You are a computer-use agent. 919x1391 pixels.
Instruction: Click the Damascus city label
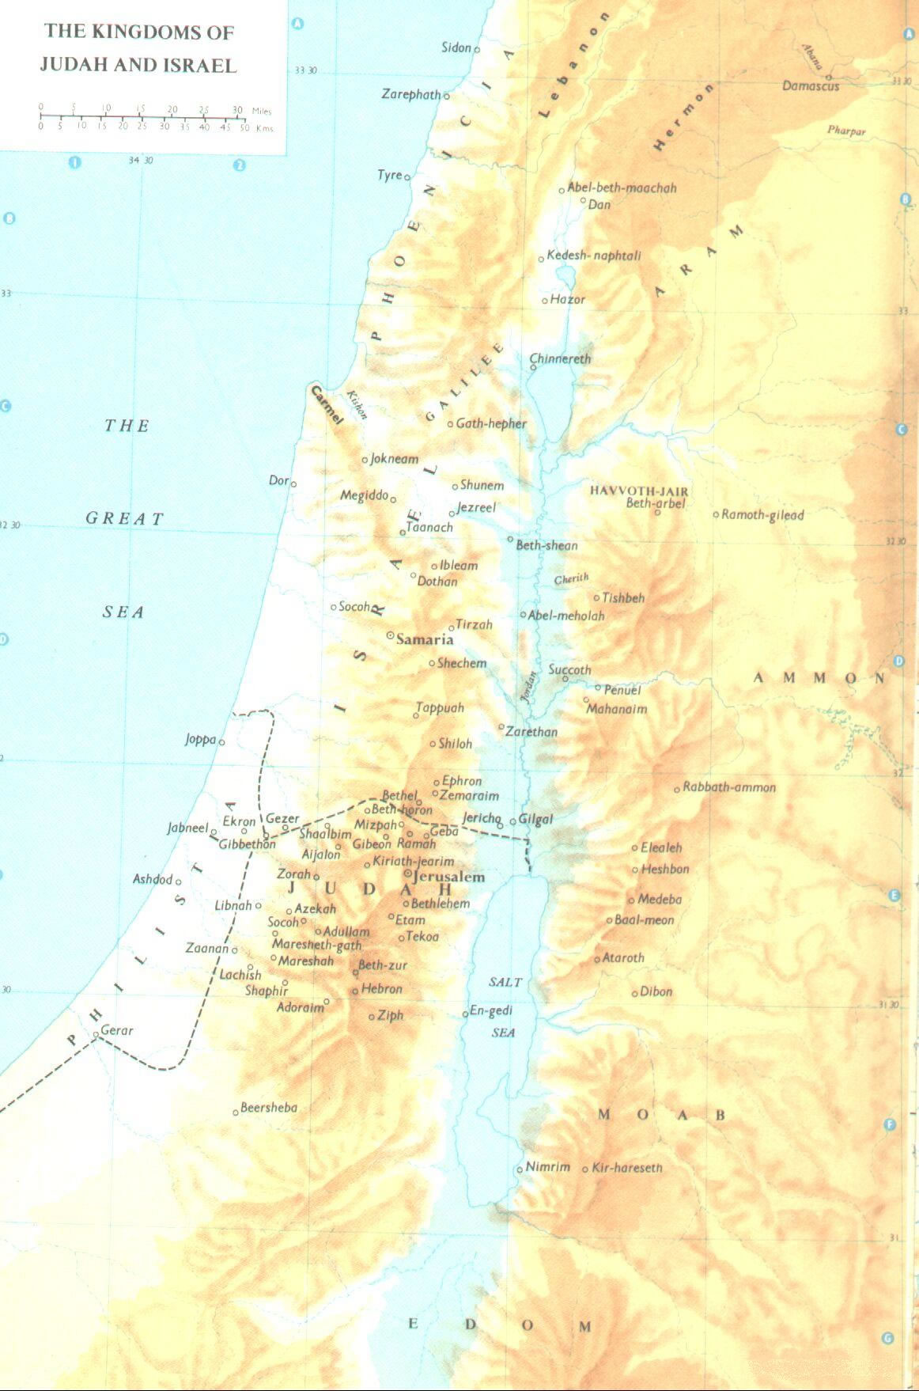click(x=810, y=85)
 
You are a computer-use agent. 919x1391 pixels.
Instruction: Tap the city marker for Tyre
click(x=407, y=177)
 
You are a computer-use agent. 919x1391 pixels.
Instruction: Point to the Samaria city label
click(x=425, y=639)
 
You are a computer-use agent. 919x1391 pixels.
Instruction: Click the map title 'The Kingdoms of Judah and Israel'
click(x=138, y=48)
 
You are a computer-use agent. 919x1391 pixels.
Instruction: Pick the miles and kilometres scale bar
click(x=142, y=117)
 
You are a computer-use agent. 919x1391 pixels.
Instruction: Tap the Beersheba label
click(x=269, y=1108)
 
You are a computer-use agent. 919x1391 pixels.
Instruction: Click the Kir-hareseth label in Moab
click(x=627, y=1167)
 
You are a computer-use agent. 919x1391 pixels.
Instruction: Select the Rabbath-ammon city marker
click(x=677, y=790)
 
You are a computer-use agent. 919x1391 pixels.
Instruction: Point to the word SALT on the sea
click(x=505, y=982)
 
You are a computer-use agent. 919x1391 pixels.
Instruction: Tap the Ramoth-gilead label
click(x=762, y=515)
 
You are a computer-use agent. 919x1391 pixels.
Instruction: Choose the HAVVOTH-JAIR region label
click(x=638, y=491)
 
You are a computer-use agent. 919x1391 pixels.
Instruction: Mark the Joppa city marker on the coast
click(x=221, y=742)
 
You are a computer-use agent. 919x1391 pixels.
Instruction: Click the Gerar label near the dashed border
click(x=116, y=1030)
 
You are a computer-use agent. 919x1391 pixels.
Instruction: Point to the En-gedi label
click(x=490, y=1010)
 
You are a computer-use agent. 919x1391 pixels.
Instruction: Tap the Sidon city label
click(x=456, y=48)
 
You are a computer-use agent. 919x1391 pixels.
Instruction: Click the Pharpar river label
click(x=846, y=131)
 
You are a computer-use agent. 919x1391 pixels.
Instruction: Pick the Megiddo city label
click(x=364, y=495)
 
